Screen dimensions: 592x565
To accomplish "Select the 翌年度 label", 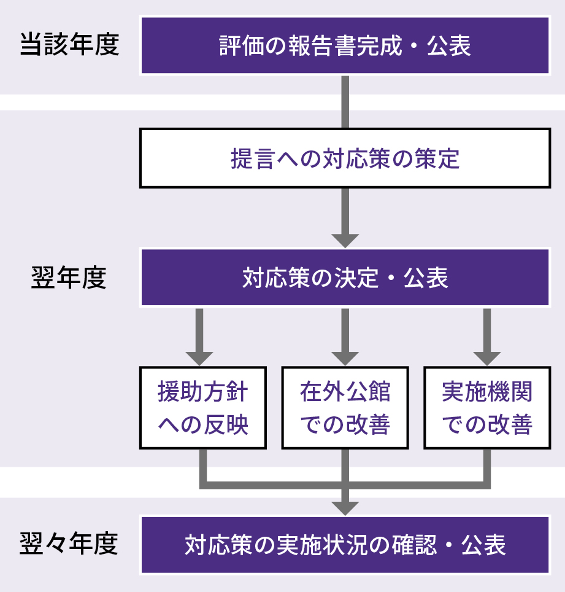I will (69, 278).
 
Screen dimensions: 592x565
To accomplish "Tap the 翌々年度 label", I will (69, 544).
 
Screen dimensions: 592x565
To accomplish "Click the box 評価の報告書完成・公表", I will (345, 46).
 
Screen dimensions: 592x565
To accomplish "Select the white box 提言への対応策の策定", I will (345, 158).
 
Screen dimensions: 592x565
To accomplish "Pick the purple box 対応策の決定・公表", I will (345, 278).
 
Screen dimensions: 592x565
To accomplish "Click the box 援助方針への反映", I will (203, 408).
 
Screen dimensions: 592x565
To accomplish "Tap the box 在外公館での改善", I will (345, 408).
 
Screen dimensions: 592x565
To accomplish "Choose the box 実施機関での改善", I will (487, 408).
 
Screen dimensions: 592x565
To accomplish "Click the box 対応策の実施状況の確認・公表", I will (345, 545).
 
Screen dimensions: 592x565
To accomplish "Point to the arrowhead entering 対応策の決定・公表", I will (345, 240).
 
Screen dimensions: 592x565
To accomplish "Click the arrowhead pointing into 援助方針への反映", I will (199, 358).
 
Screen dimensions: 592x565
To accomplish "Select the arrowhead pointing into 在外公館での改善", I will (345, 358).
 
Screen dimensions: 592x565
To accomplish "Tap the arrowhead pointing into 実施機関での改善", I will (487, 358).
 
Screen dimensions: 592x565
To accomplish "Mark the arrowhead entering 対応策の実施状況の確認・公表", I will (345, 507).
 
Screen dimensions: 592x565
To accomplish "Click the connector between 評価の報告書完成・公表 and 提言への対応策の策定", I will (345, 101).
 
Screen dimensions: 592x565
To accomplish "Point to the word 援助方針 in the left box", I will (203, 392).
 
